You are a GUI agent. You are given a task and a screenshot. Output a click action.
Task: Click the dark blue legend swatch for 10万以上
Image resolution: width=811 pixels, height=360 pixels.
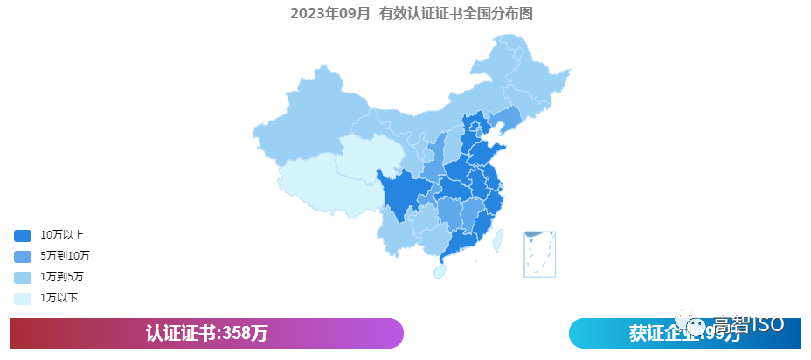point(23,235)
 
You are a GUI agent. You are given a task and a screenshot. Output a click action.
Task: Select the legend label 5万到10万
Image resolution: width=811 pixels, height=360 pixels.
point(65,256)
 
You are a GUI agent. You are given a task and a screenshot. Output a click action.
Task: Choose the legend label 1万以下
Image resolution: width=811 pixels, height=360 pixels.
point(59,298)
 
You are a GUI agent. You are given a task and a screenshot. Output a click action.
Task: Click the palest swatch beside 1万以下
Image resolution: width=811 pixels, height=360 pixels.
point(23,298)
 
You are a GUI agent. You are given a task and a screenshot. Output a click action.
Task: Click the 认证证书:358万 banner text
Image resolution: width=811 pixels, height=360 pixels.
point(206,333)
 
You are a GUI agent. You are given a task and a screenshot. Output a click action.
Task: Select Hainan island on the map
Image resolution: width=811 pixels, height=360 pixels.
point(440,271)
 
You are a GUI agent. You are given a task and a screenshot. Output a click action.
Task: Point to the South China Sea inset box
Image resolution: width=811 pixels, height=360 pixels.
point(540,253)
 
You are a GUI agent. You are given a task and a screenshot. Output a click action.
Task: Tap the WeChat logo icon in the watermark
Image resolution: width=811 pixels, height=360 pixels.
point(697,325)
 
